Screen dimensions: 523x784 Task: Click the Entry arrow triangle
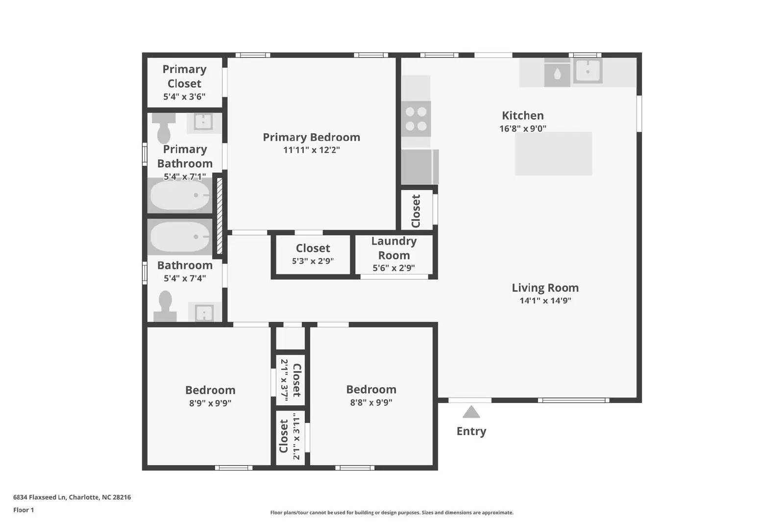click(x=471, y=412)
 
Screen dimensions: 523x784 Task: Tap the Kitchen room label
click(x=522, y=116)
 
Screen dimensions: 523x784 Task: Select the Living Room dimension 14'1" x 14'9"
click(x=545, y=301)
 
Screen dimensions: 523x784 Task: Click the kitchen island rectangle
click(x=553, y=153)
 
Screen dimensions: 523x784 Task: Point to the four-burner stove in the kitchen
click(x=416, y=119)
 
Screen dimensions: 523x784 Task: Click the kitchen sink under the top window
click(x=588, y=72)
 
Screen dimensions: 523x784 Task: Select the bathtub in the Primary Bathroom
click(x=179, y=196)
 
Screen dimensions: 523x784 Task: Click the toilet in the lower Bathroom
click(x=165, y=306)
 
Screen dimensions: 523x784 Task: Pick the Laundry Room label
click(x=394, y=248)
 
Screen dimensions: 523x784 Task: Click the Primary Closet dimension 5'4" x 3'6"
click(x=184, y=97)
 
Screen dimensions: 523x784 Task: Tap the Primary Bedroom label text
click(x=311, y=137)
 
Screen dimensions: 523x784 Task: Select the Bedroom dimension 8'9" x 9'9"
click(x=210, y=403)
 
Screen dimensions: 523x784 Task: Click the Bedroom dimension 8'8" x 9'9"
click(x=371, y=403)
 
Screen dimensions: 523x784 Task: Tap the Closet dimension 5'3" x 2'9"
click(x=313, y=261)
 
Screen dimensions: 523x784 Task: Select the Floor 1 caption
click(x=24, y=510)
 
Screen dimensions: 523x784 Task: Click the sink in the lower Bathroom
click(x=204, y=312)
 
